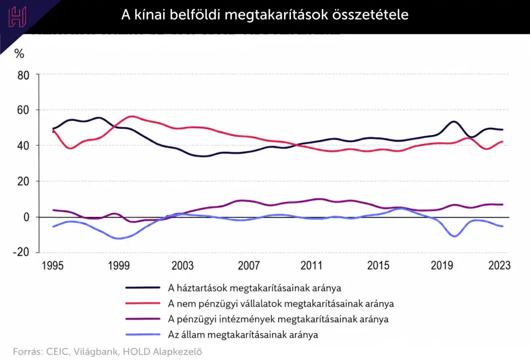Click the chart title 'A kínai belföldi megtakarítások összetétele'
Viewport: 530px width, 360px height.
[x=264, y=15]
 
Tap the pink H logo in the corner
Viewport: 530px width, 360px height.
[x=17, y=17]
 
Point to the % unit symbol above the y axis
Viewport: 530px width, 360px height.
[x=19, y=54]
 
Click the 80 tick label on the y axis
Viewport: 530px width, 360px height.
[x=23, y=75]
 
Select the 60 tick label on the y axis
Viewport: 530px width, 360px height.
[x=23, y=110]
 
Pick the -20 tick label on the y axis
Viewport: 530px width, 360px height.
[x=21, y=252]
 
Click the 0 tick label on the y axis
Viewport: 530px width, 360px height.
[x=26, y=217]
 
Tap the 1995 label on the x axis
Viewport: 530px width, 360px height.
[x=52, y=265]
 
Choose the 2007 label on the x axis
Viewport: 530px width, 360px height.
[x=249, y=265]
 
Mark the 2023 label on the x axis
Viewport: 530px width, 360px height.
[x=499, y=265]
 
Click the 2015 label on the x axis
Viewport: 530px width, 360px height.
[x=378, y=265]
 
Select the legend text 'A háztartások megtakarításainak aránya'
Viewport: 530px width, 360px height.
[x=254, y=288]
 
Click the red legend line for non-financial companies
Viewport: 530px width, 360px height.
[x=143, y=303]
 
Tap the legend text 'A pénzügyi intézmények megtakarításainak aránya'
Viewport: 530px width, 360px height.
[x=278, y=319]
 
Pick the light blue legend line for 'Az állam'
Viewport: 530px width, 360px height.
[x=143, y=335]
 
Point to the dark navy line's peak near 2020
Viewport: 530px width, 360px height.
[x=453, y=122]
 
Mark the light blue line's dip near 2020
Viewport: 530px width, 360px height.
[x=455, y=236]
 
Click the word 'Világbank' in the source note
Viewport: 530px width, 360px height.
[x=96, y=352]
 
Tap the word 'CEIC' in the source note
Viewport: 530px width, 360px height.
[x=58, y=352]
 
